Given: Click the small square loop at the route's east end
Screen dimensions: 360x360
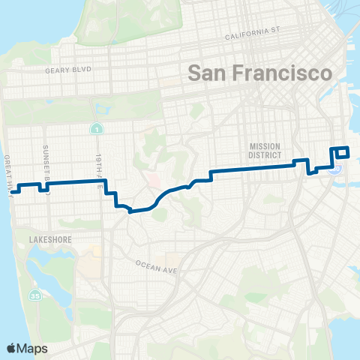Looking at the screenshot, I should pos(342,151).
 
